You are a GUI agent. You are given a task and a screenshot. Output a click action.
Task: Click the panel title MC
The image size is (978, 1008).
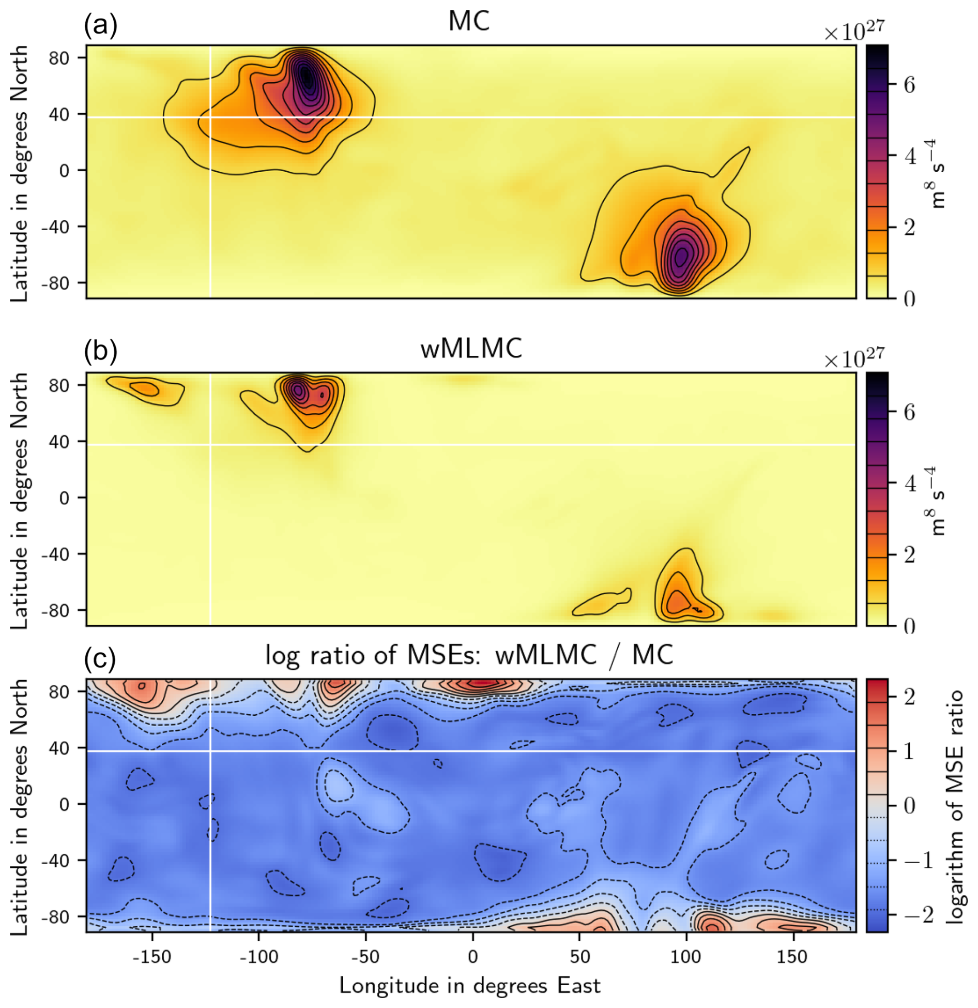(468, 22)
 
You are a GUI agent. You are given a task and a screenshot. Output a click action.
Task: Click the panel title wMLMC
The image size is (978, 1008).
(471, 349)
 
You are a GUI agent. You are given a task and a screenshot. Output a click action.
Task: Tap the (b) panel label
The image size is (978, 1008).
(101, 351)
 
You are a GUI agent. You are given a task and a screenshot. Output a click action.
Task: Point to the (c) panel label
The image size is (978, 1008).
(100, 658)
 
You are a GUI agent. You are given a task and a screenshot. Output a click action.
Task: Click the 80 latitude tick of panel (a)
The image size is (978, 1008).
(59, 57)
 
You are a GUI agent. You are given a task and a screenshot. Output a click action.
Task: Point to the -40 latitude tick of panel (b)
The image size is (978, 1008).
(57, 554)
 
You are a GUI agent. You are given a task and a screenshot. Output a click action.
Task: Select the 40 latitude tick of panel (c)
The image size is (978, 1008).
(59, 748)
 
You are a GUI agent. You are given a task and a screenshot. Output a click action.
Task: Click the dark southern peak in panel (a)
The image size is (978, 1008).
(681, 255)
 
